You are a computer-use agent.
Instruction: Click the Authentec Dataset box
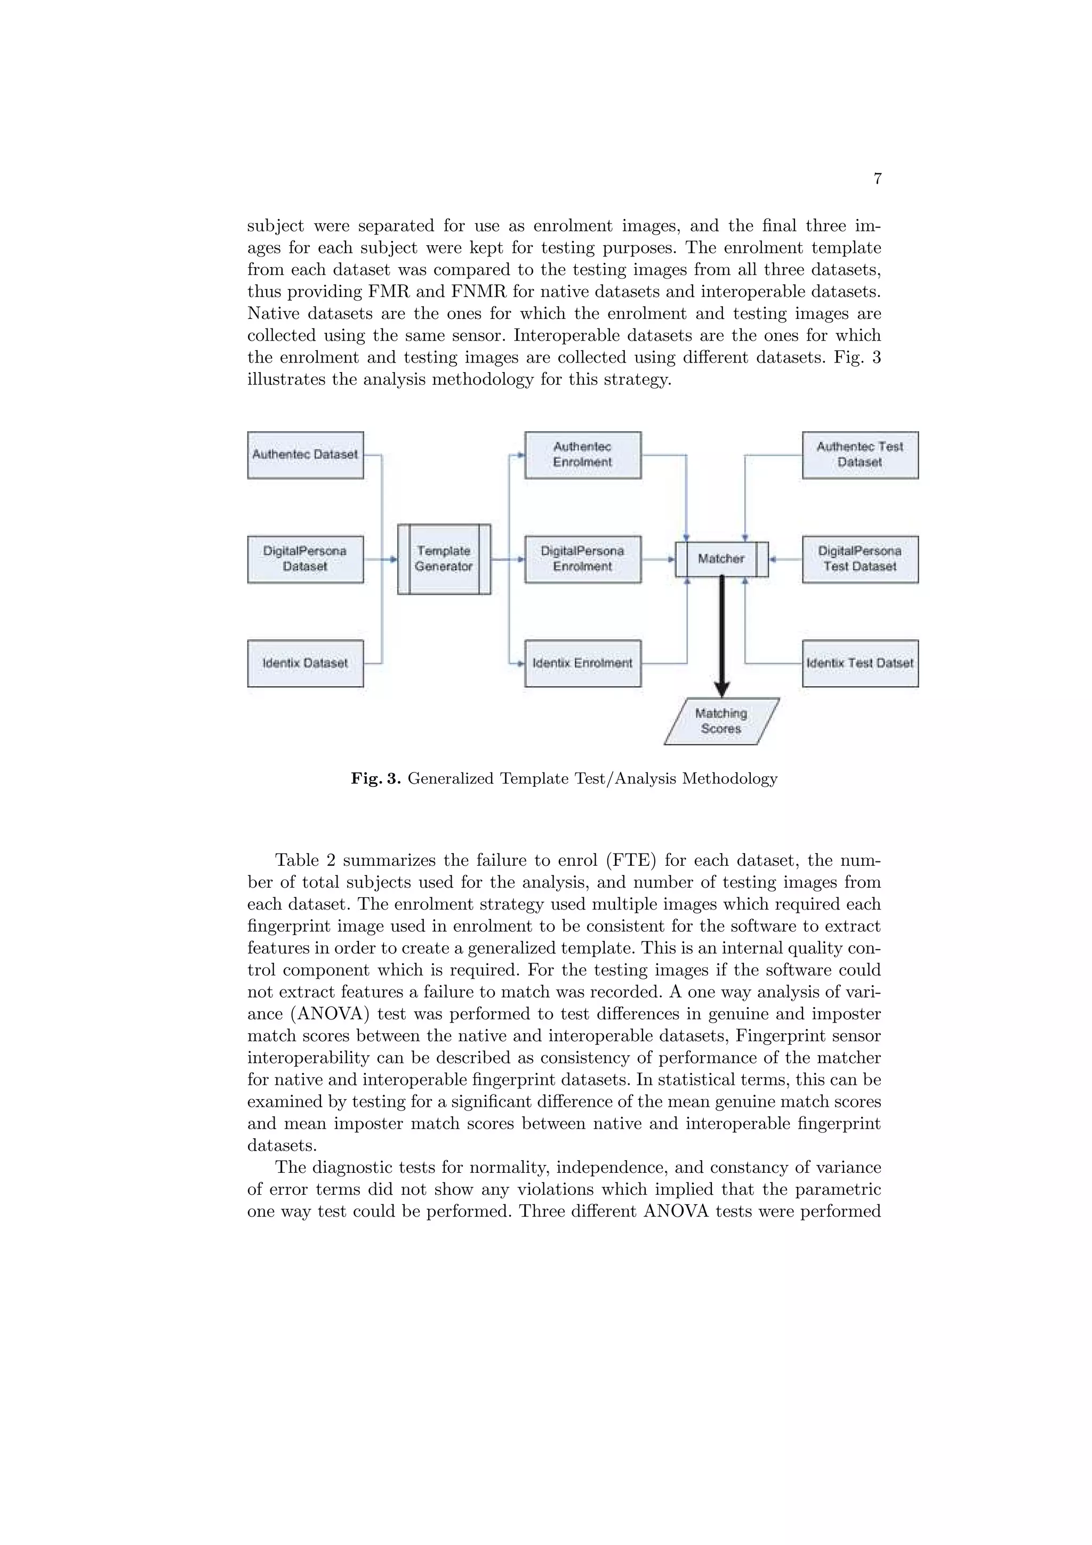(306, 455)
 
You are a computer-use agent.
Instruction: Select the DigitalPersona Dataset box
(306, 559)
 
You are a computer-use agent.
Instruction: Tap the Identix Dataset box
(306, 664)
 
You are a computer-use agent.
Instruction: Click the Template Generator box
(444, 559)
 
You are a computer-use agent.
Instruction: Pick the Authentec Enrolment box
(583, 455)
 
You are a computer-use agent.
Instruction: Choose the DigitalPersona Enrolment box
(583, 559)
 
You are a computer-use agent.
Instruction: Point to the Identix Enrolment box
(583, 664)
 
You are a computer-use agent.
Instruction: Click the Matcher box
(721, 559)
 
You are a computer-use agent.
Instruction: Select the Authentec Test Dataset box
(860, 455)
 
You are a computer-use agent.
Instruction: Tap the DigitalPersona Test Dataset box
(860, 559)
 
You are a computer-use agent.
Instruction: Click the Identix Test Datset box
(860, 664)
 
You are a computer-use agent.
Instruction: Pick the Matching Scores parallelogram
(721, 721)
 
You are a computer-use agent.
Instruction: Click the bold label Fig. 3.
(376, 779)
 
